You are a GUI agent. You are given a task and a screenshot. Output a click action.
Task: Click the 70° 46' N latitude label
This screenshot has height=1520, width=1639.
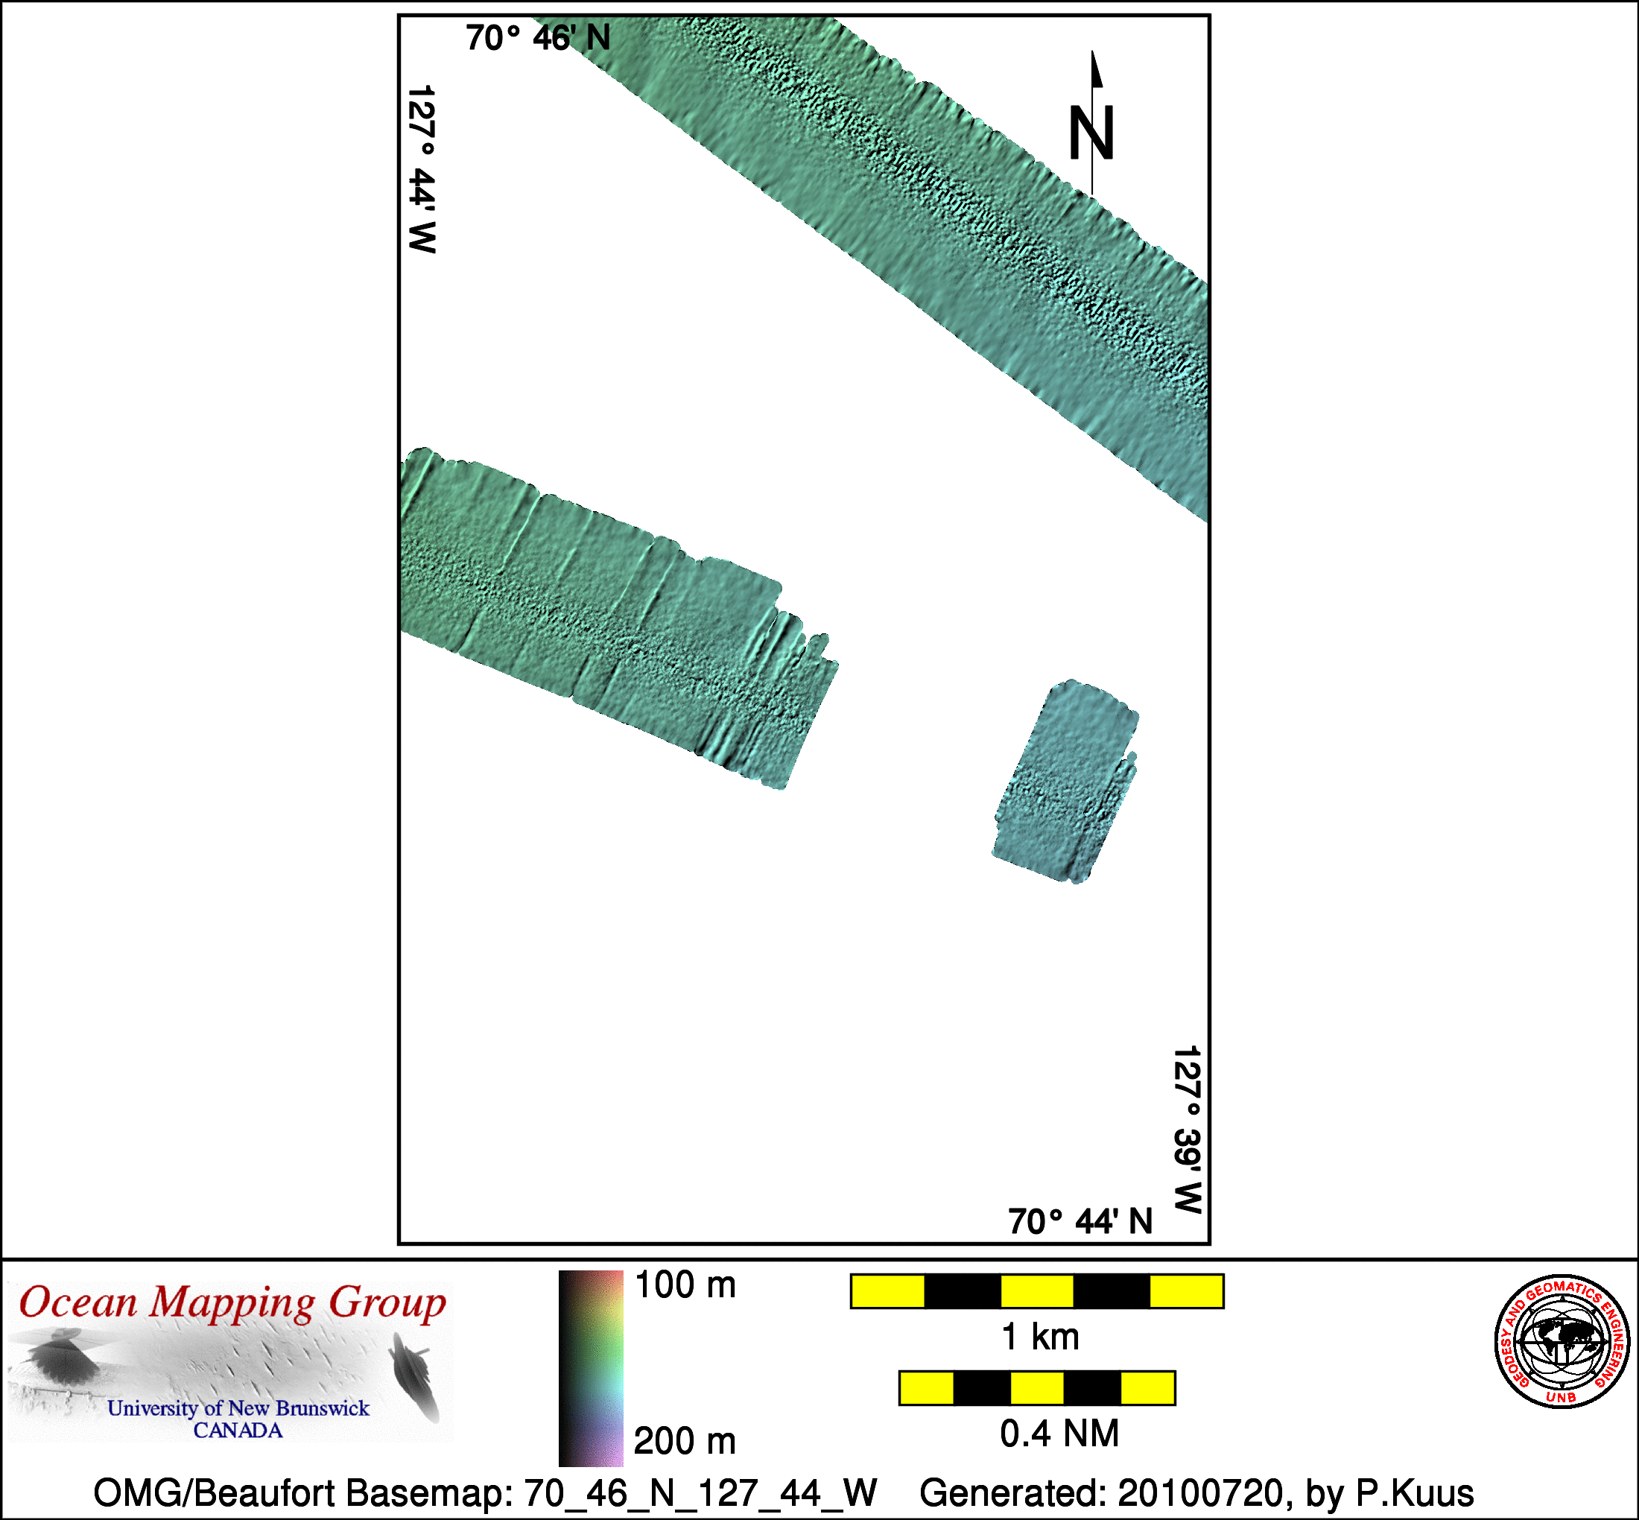(538, 38)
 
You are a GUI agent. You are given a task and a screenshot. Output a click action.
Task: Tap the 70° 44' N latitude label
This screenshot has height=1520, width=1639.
(1080, 1221)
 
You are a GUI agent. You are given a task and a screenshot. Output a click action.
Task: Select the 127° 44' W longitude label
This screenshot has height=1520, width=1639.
(421, 168)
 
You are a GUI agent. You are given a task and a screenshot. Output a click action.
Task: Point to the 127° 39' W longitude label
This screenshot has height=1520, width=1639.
(1188, 1130)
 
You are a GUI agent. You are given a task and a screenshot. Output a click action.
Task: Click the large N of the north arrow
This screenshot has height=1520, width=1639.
(1091, 133)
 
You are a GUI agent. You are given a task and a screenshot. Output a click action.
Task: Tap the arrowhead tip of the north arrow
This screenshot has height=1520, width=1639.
(1093, 51)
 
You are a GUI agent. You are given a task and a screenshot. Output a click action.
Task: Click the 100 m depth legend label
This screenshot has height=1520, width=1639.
(685, 1285)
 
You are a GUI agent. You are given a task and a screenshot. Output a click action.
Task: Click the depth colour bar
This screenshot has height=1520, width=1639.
(591, 1368)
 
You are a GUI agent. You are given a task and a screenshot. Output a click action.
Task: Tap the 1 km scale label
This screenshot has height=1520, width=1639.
(1039, 1337)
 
